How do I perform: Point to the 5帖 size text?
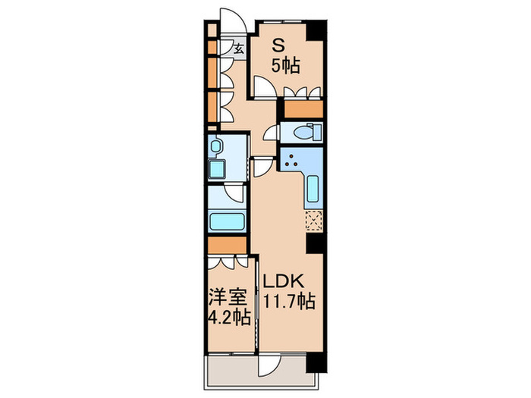[x=287, y=66]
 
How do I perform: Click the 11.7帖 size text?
[x=289, y=301]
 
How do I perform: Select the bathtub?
[x=226, y=224]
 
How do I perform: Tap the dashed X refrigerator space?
[x=313, y=220]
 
